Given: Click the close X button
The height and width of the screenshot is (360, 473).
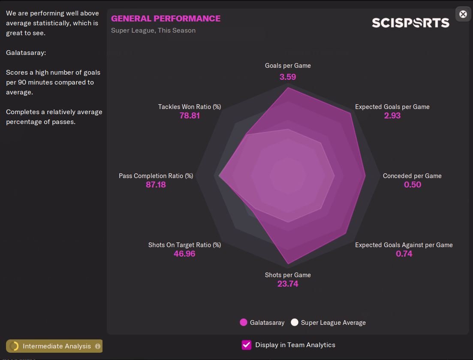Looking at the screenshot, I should (x=463, y=14).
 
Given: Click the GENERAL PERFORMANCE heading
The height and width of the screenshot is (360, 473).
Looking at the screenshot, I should (x=166, y=18).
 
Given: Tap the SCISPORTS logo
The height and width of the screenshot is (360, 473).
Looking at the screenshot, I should (x=410, y=23).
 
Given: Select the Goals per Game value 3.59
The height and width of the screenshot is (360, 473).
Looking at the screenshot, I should (x=288, y=77).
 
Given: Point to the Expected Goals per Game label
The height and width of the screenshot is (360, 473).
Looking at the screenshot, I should (x=392, y=107).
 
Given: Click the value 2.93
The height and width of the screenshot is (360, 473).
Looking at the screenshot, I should (x=392, y=116).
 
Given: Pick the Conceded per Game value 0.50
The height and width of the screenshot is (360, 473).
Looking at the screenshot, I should (x=412, y=185).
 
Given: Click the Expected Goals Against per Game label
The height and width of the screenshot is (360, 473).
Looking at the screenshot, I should (x=404, y=245).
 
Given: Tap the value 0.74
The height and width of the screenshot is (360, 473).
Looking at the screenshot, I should (x=404, y=254).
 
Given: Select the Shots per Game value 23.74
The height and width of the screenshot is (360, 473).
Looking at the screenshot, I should (x=288, y=284).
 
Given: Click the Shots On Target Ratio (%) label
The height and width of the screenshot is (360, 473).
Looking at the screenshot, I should (x=184, y=245).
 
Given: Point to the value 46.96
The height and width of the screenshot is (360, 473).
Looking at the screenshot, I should (x=184, y=254).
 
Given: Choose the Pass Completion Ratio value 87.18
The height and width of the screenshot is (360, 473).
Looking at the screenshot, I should (x=156, y=185).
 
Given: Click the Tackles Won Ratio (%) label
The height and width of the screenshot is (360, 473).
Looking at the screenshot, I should (x=190, y=107).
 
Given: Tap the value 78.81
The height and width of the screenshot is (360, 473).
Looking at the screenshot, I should (x=190, y=116).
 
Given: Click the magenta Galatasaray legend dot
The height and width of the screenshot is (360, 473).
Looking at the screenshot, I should (x=244, y=322).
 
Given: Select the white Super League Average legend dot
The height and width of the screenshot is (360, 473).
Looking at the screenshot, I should (x=294, y=322).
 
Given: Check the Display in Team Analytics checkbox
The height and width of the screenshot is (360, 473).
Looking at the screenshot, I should (x=247, y=345).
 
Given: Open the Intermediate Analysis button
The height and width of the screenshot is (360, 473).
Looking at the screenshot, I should (x=54, y=346).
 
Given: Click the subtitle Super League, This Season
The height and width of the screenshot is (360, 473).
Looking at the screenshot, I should (x=153, y=30).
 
